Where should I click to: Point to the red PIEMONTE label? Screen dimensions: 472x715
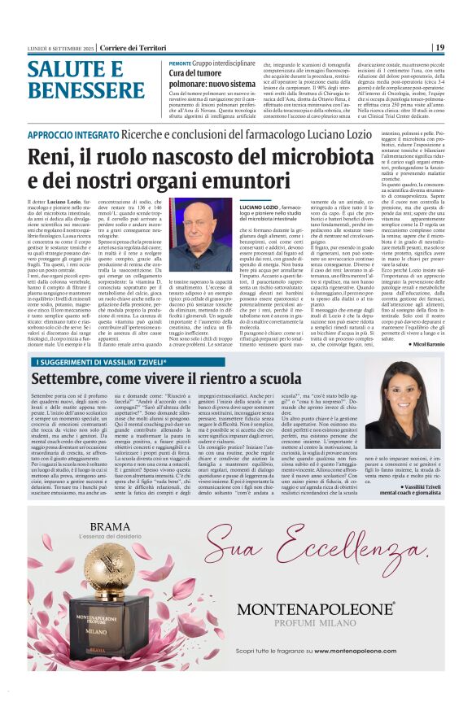coord(180,63)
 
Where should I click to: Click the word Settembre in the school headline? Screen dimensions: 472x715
coord(66,379)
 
